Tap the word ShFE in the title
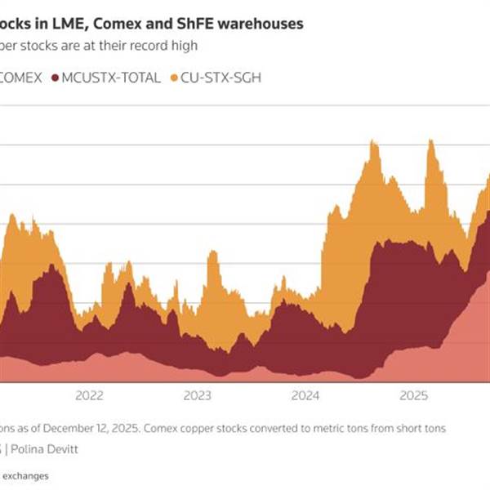[x=195, y=24]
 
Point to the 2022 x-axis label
[x=90, y=397]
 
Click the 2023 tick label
[x=198, y=397]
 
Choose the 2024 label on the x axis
[x=305, y=397]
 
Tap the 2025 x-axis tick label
[x=414, y=397]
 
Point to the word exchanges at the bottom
[x=25, y=475]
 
